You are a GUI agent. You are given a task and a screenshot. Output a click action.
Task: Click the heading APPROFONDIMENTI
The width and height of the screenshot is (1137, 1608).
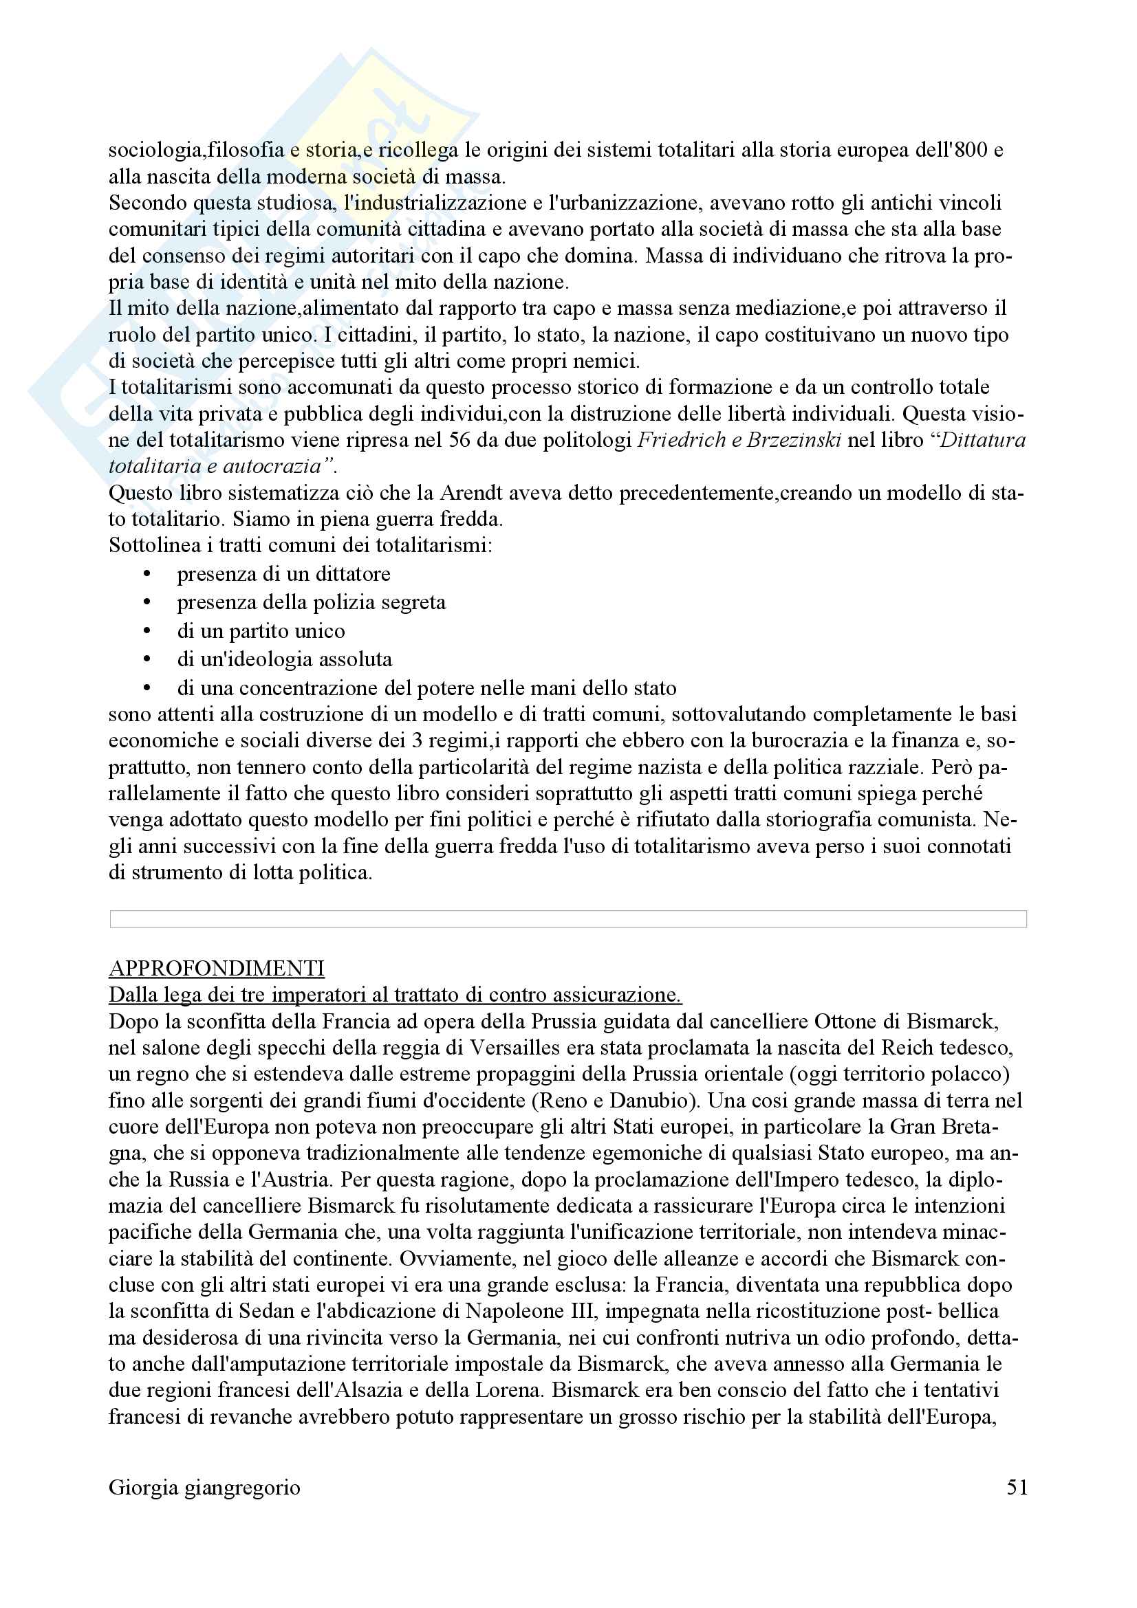217,969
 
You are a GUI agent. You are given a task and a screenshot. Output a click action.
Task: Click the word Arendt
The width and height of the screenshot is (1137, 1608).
469,493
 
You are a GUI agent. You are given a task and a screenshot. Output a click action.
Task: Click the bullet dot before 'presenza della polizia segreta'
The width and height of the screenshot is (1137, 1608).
147,603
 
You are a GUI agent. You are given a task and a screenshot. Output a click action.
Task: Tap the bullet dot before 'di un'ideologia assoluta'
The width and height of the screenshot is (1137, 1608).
147,660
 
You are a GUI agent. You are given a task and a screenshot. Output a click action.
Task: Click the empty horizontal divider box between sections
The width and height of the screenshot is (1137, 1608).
568,919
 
